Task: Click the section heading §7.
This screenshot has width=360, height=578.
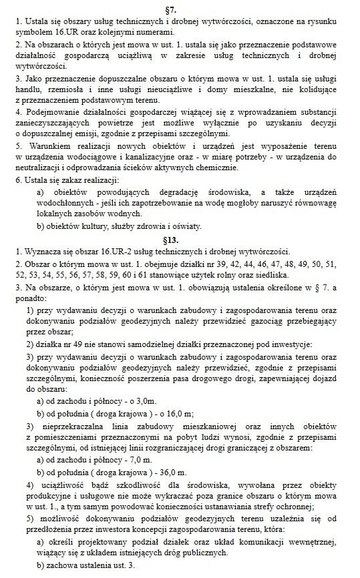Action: coord(179,8)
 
